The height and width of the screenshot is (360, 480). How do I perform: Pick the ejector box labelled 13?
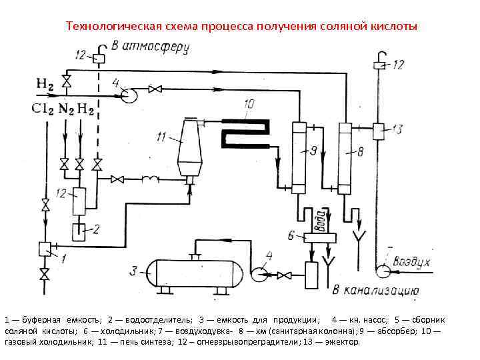pyautogui.click(x=380, y=129)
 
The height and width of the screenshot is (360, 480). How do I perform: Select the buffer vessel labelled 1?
pyautogui.click(x=46, y=248)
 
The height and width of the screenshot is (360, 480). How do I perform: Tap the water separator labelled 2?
pyautogui.click(x=79, y=231)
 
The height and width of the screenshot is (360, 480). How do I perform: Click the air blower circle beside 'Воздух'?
pyautogui.click(x=383, y=271)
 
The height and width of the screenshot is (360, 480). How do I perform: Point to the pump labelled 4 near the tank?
pyautogui.click(x=258, y=272)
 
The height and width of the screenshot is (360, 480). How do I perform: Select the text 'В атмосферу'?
pyautogui.click(x=151, y=47)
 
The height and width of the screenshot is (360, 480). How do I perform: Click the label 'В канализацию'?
pyautogui.click(x=375, y=291)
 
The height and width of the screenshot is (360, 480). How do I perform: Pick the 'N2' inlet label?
pyautogui.click(x=67, y=109)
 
